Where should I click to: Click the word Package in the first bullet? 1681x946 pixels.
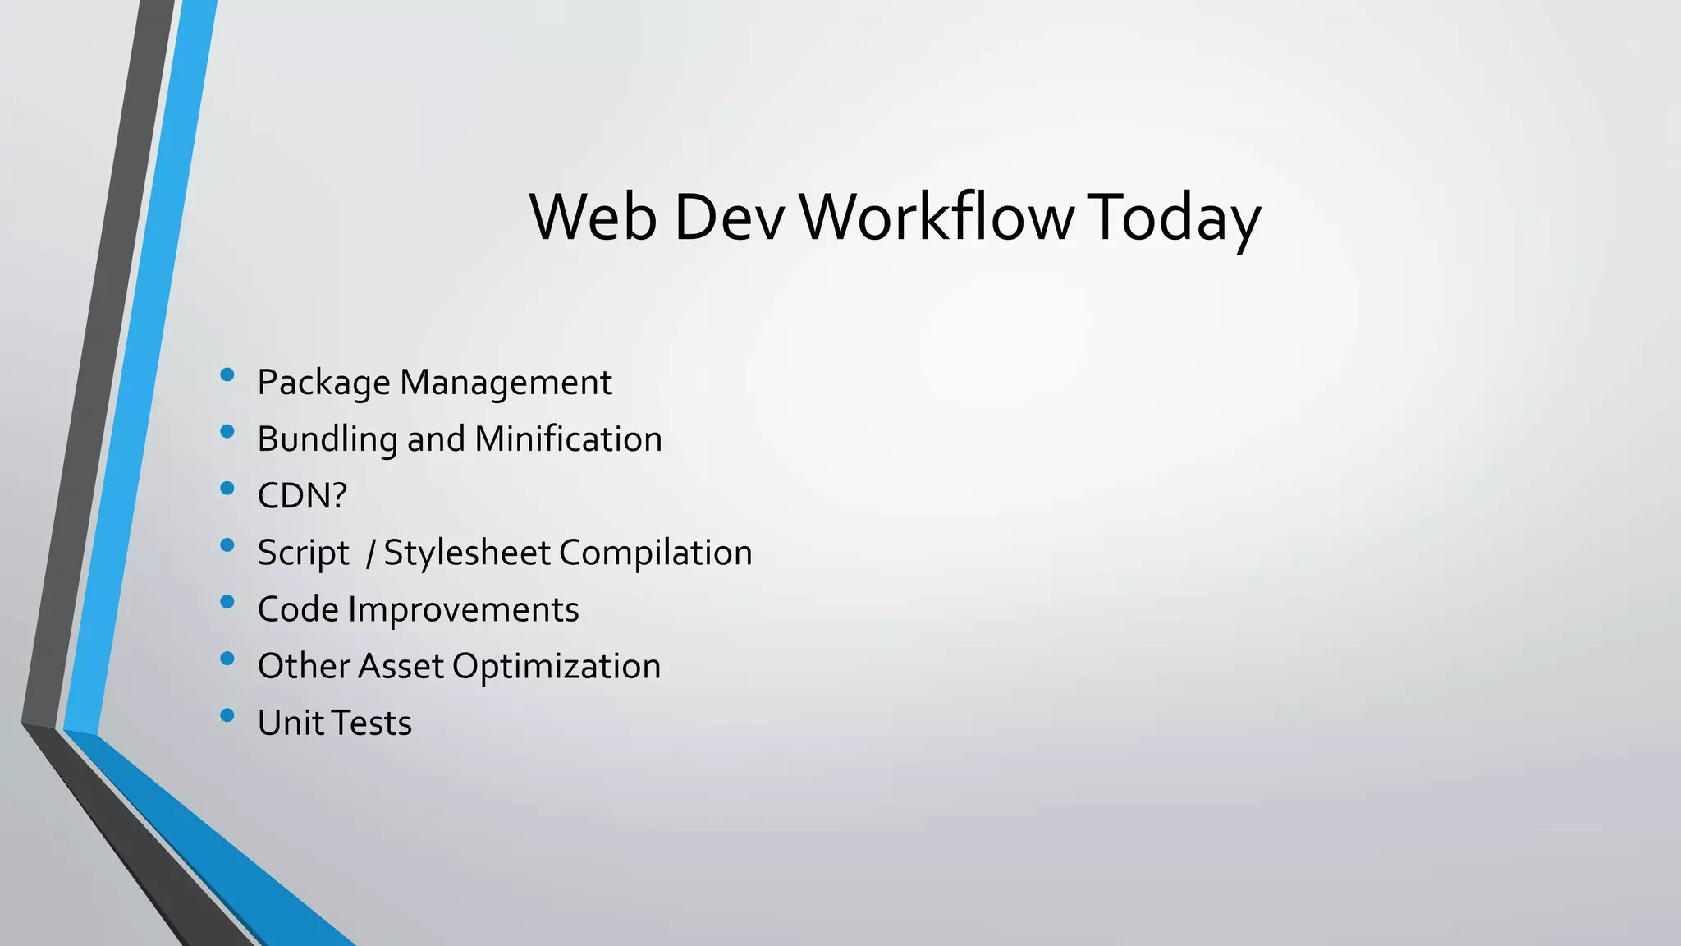click(323, 383)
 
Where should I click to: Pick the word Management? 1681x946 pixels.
click(506, 383)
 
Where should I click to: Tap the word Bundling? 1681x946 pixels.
click(327, 439)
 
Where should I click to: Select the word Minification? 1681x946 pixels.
click(568, 439)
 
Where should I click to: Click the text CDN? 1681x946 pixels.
click(302, 495)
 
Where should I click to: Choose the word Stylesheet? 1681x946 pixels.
click(466, 553)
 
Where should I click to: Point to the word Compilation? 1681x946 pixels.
click(656, 553)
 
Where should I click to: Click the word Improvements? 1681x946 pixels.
click(464, 609)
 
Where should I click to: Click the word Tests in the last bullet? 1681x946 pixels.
click(374, 723)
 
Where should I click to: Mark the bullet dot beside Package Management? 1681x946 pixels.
click(227, 375)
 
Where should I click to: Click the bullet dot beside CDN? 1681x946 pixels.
click(227, 489)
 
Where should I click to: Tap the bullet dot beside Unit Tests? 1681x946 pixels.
click(227, 715)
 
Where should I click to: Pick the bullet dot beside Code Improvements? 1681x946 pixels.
click(227, 602)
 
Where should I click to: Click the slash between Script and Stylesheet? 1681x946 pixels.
click(371, 553)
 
